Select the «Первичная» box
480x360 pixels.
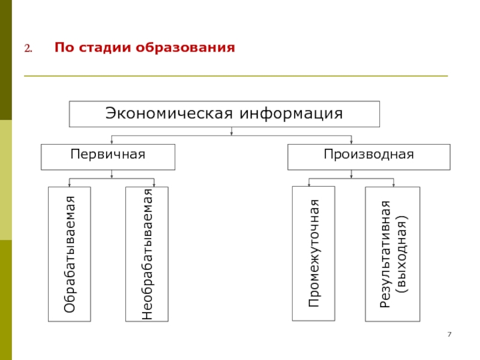[x=108, y=156]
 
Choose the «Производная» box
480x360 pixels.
[x=368, y=156]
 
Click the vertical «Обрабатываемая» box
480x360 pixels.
[x=70, y=254]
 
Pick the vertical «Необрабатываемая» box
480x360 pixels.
[x=147, y=254]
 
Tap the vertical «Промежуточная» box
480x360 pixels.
[x=314, y=254]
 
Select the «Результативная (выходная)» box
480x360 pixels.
[x=392, y=254]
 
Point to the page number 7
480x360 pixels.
[x=449, y=334]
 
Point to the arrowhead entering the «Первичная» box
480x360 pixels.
[x=112, y=142]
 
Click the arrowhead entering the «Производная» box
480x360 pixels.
[x=351, y=142]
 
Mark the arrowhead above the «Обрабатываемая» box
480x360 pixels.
[x=70, y=184]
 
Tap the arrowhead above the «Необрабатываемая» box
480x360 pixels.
[x=154, y=184]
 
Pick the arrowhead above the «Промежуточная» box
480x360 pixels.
[x=309, y=184]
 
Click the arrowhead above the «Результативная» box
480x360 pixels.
[x=393, y=184]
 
